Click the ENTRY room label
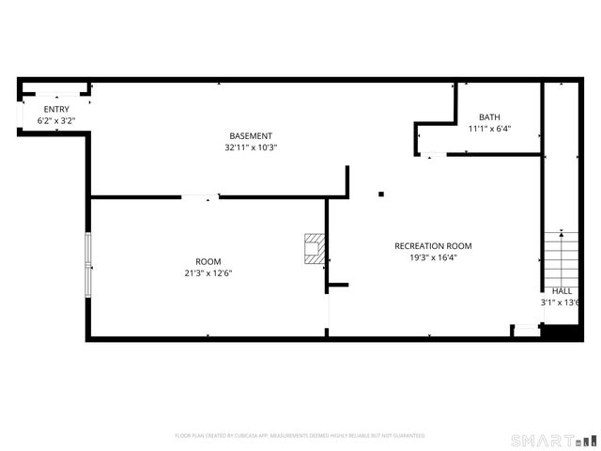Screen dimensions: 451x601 click(x=55, y=109)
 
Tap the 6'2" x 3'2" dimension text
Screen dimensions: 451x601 click(x=55, y=121)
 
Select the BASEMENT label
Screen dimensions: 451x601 click(x=251, y=135)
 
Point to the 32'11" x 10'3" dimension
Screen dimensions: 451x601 click(x=251, y=148)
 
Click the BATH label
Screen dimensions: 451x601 click(x=489, y=117)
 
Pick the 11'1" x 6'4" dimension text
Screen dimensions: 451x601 click(x=489, y=129)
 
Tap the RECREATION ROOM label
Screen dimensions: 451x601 click(x=433, y=246)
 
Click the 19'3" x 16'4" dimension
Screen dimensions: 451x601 click(x=433, y=257)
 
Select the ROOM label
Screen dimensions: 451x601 click(x=208, y=261)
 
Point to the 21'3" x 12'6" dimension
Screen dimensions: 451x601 click(x=208, y=273)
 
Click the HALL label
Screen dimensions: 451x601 click(x=562, y=291)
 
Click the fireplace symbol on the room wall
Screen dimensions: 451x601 click(x=315, y=248)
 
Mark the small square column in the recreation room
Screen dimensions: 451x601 click(x=381, y=194)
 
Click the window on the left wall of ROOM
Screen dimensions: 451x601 click(x=89, y=265)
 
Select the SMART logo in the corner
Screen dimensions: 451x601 click(x=553, y=440)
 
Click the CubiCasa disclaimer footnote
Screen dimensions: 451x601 click(x=300, y=436)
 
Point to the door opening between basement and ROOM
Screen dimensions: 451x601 click(x=199, y=196)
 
